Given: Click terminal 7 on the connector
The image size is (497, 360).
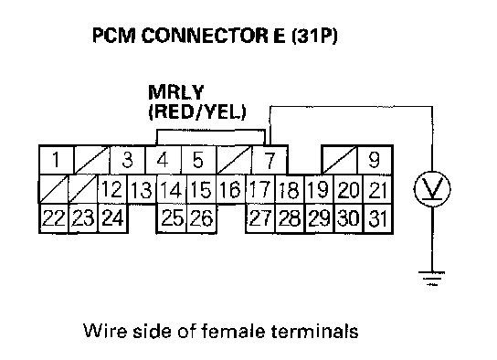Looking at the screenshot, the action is click(x=270, y=160).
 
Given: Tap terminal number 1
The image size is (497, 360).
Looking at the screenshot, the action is click(x=56, y=160).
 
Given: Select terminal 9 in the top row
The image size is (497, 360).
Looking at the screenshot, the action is click(x=375, y=160).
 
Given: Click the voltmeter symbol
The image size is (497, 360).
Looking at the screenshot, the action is click(x=432, y=189).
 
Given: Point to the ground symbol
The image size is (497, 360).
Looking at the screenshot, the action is click(x=432, y=279).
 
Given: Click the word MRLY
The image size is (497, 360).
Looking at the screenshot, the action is click(x=175, y=92).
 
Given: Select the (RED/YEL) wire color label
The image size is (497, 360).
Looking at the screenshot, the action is click(x=197, y=111).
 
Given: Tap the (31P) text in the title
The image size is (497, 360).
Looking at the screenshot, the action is click(x=313, y=36).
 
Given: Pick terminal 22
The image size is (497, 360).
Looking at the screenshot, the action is click(x=53, y=218).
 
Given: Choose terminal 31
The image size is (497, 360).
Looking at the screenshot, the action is click(x=378, y=218).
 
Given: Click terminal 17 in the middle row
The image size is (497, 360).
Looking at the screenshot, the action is click(x=259, y=189).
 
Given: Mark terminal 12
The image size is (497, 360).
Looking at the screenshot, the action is click(x=111, y=189).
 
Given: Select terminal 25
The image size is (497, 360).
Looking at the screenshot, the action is click(x=172, y=218).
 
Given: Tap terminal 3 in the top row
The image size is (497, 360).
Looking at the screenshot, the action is click(x=127, y=160).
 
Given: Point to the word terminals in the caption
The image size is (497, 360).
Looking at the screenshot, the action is click(x=314, y=331).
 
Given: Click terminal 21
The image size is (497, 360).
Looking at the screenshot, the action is click(x=378, y=189).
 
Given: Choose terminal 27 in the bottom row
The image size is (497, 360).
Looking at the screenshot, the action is click(x=259, y=218).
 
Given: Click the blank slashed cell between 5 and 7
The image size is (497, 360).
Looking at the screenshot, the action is click(x=234, y=160).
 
